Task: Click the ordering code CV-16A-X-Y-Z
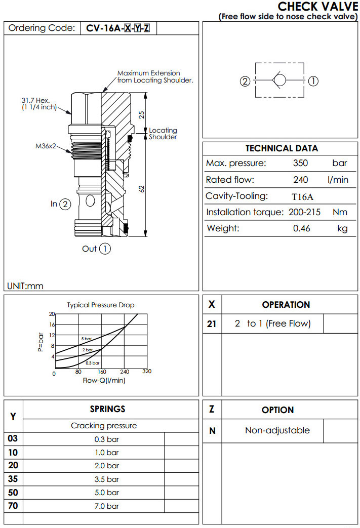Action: [118, 28]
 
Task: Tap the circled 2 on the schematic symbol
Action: [245, 80]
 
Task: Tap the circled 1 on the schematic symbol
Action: [313, 80]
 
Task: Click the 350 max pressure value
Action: [301, 163]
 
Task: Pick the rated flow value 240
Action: [301, 180]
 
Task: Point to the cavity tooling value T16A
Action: [302, 196]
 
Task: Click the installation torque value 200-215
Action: [304, 213]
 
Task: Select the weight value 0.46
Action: [302, 229]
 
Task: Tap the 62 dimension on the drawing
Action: [142, 188]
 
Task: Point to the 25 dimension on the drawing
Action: [142, 114]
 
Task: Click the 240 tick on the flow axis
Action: [124, 372]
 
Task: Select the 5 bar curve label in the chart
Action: [86, 338]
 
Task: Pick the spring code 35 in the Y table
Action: [13, 479]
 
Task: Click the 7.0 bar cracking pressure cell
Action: [106, 506]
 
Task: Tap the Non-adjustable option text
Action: [277, 431]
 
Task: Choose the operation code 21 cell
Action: [212, 324]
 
